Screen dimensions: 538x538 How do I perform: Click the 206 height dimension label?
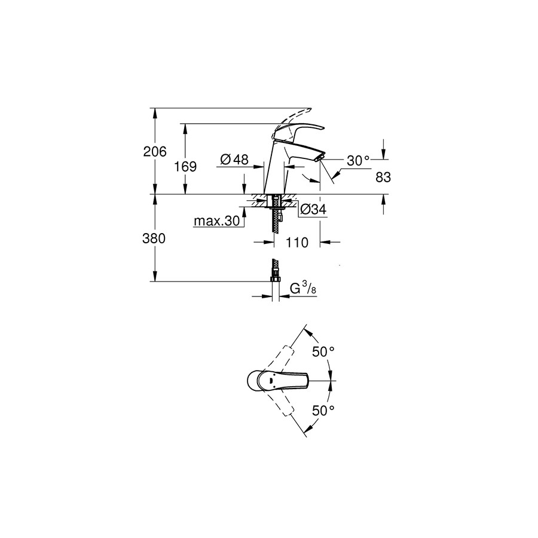click(155, 151)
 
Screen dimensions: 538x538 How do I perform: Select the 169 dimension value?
click(185, 167)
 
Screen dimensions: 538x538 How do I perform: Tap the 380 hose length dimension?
click(154, 239)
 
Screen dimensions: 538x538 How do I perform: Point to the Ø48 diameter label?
click(235, 159)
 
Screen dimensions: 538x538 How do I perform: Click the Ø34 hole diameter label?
click(313, 209)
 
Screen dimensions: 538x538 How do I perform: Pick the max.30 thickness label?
click(217, 221)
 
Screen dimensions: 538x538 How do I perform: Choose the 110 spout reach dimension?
click(296, 243)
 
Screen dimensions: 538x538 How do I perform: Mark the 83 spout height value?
click(383, 178)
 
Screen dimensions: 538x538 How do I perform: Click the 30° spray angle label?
click(358, 161)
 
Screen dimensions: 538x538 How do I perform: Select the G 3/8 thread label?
click(303, 289)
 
